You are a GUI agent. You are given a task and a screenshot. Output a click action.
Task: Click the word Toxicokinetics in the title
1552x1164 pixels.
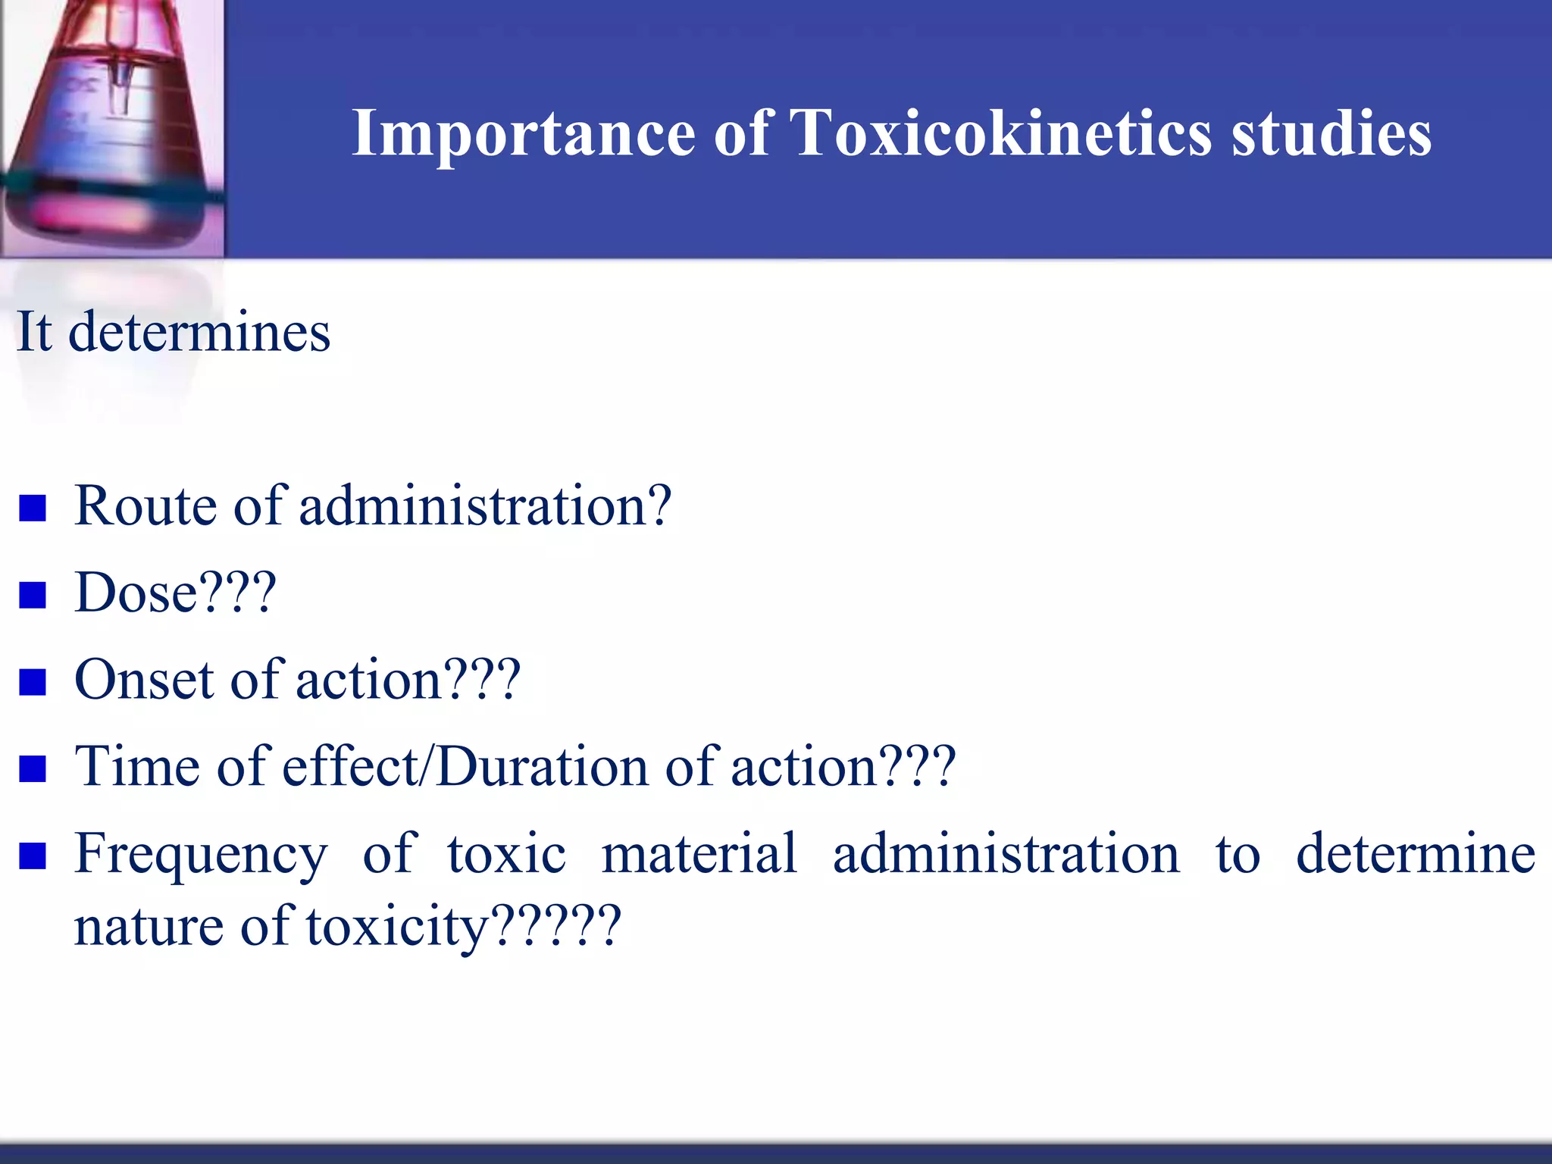point(1000,133)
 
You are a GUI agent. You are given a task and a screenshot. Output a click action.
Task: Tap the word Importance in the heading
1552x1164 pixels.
point(524,133)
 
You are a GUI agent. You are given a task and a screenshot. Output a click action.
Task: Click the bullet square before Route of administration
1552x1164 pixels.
point(33,508)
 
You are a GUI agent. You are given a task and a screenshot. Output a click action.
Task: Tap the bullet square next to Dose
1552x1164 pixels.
point(33,596)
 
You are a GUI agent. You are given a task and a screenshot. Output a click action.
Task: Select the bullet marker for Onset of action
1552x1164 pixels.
point(33,682)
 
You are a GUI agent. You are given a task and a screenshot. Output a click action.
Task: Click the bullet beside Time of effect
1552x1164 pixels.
point(33,768)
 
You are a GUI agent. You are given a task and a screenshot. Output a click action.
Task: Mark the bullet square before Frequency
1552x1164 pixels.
point(33,856)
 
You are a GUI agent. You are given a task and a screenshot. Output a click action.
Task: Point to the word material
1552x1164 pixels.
point(699,854)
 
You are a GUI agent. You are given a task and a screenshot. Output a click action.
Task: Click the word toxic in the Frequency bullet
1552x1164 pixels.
point(506,854)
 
